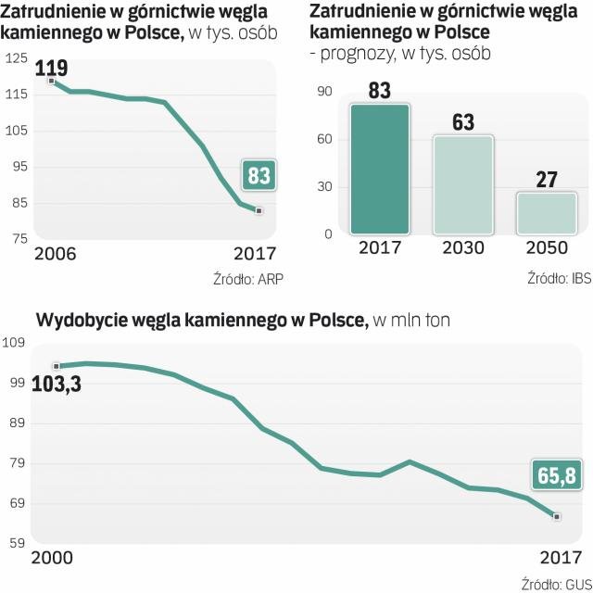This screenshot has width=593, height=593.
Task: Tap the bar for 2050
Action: click(x=546, y=213)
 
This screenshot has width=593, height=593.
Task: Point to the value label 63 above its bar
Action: click(x=464, y=121)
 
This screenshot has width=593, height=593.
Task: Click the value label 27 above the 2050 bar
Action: click(x=546, y=179)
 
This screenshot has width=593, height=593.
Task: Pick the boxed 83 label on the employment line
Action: click(x=259, y=175)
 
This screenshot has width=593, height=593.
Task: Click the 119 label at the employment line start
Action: click(x=52, y=68)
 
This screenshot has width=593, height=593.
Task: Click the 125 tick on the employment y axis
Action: click(x=17, y=58)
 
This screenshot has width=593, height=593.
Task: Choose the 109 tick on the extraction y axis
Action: click(x=17, y=344)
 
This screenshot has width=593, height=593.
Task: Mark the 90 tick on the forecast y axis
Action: click(x=323, y=91)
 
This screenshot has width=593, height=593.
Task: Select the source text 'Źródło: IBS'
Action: click(x=559, y=278)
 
